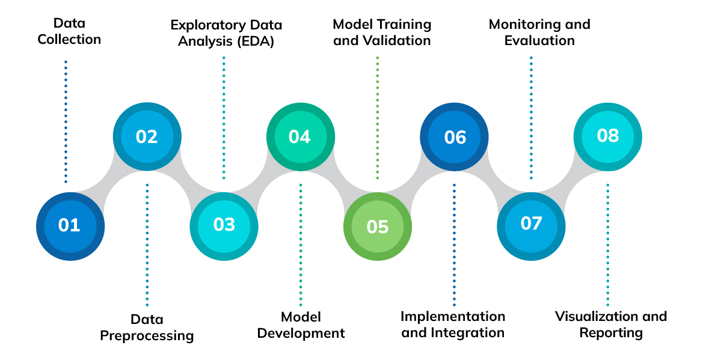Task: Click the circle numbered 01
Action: pyautogui.click(x=70, y=226)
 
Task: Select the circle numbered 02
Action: pyautogui.click(x=147, y=136)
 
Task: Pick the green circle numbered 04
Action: pyautogui.click(x=300, y=136)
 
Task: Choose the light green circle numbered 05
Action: pyautogui.click(x=377, y=226)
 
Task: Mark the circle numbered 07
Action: pyautogui.click(x=531, y=224)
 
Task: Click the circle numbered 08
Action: pyautogui.click(x=607, y=135)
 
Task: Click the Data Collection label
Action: pyautogui.click(x=69, y=31)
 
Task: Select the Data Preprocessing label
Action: pyautogui.click(x=147, y=327)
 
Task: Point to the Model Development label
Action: pyautogui.click(x=301, y=325)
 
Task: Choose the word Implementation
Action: pyautogui.click(x=453, y=316)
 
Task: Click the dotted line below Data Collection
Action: pyautogui.click(x=66, y=120)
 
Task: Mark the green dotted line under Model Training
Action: pyautogui.click(x=377, y=117)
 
